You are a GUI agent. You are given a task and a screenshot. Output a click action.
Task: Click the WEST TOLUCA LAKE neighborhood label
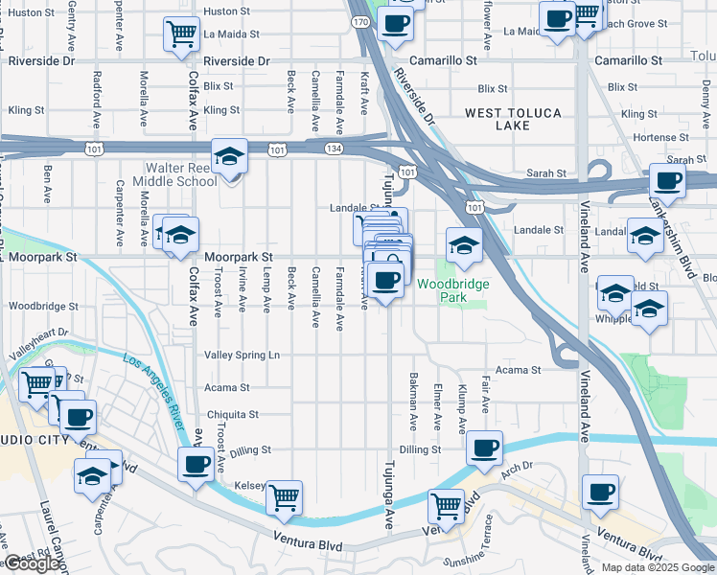(513, 119)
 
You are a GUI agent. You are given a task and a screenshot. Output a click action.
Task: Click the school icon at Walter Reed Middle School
(230, 156)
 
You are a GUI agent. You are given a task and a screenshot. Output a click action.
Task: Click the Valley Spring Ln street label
(242, 355)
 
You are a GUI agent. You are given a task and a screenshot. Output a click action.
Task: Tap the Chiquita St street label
(231, 415)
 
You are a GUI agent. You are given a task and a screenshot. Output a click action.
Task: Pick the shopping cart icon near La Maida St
(181, 34)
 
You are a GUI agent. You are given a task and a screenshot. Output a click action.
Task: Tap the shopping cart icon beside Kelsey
(284, 496)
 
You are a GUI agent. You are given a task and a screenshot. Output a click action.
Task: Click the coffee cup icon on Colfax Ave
(197, 464)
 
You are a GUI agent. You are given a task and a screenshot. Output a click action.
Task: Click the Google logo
(32, 564)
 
